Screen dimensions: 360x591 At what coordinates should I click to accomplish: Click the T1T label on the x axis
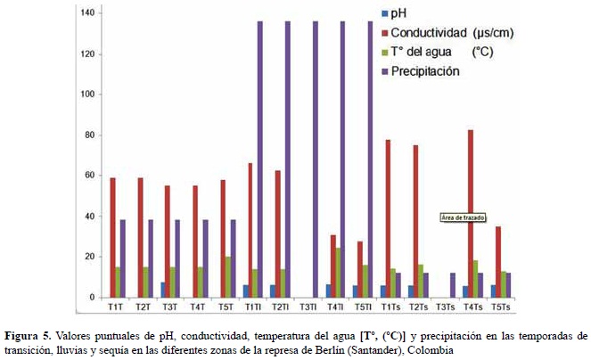click(116, 307)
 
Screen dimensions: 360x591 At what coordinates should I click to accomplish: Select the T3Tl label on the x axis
click(308, 307)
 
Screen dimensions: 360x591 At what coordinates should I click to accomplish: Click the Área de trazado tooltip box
click(464, 217)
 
